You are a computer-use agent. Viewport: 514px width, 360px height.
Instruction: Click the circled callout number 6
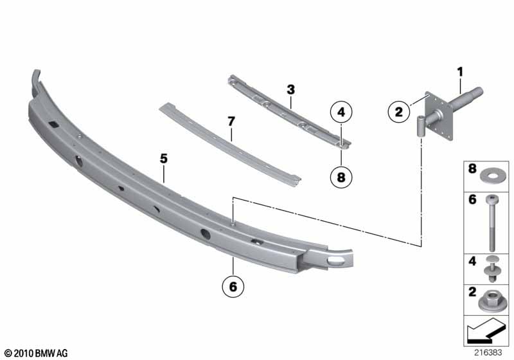[x=233, y=287]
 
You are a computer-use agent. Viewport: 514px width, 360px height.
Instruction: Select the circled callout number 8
[x=341, y=177]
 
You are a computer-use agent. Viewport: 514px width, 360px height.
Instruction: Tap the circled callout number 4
[x=341, y=112]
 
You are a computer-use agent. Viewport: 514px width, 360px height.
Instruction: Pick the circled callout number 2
[x=398, y=112]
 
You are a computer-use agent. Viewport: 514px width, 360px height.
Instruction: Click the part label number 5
[x=164, y=159]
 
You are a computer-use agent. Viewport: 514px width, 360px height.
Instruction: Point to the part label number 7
[x=231, y=122]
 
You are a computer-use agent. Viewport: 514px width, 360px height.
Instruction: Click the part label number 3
[x=291, y=89]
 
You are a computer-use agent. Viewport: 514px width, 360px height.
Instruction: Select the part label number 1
[x=461, y=72]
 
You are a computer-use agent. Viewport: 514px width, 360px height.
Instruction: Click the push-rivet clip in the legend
[x=492, y=269]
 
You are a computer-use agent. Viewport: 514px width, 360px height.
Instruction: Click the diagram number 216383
[x=488, y=353]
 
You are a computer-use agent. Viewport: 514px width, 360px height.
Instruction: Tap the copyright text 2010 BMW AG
[x=36, y=353]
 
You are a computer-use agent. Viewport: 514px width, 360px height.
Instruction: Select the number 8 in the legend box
[x=472, y=168]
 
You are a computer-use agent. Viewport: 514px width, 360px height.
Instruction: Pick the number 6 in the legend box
[x=472, y=199]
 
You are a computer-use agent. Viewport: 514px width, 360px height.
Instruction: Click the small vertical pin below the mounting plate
[x=420, y=127]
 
